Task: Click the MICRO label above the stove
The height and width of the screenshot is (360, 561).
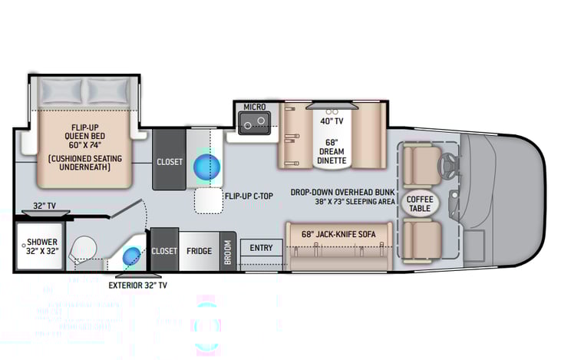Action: coord(254,106)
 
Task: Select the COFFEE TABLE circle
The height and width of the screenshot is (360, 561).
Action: coord(419,204)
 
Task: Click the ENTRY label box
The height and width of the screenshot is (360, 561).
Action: coord(261,247)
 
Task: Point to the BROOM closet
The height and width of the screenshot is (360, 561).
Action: coord(228,251)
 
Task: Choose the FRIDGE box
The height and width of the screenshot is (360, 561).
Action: coord(199,251)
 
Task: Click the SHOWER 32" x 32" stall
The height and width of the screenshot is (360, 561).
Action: coord(37,246)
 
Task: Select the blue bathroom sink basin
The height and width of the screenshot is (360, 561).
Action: coord(131,256)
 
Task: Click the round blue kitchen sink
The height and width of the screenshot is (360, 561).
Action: coord(206,166)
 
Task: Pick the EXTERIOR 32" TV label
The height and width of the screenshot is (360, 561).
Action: coord(138,285)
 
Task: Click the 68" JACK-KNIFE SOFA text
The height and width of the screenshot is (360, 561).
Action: coord(337,233)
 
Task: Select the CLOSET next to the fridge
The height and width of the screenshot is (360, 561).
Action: coord(163,251)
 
